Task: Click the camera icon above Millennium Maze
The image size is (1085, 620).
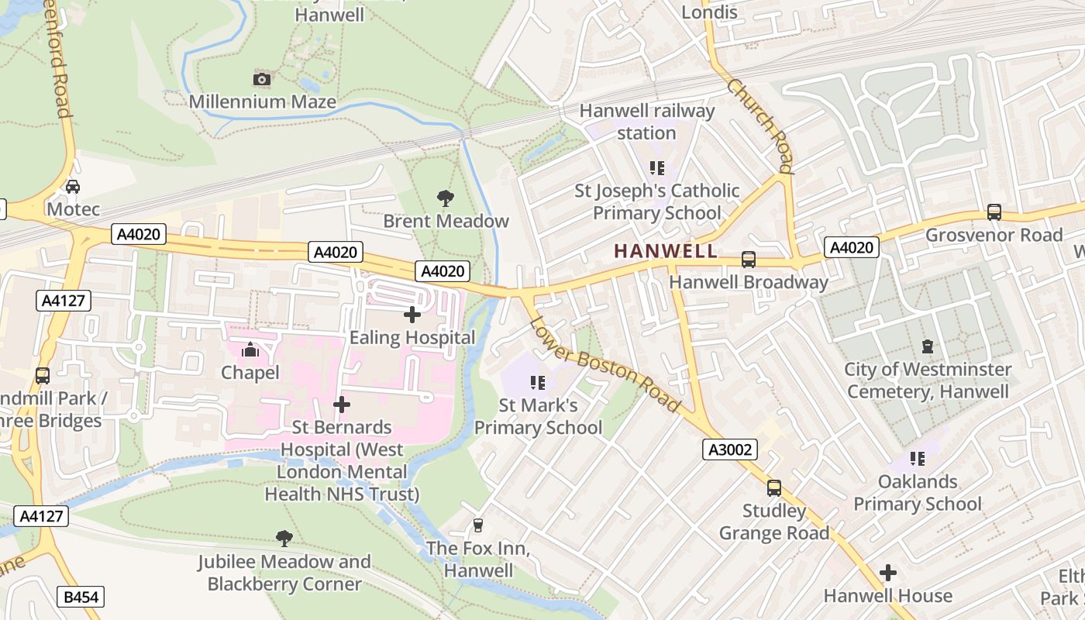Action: [262, 79]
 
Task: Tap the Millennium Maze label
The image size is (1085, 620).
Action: [263, 102]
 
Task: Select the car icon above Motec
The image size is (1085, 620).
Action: [72, 187]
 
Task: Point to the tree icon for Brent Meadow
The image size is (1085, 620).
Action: [446, 198]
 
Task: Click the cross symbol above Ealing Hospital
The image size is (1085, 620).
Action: [412, 315]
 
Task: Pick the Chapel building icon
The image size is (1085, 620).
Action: [250, 350]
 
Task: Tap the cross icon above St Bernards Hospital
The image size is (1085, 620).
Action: [342, 405]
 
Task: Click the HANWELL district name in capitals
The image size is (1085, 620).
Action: [666, 251]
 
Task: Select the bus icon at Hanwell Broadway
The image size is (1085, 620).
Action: [749, 260]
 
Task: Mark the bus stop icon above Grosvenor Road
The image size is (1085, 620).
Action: [994, 212]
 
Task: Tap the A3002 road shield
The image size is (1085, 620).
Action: [730, 449]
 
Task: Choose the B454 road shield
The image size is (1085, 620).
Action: [81, 597]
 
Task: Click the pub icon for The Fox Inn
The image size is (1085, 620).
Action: [478, 525]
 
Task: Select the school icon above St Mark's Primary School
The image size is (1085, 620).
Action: [538, 382]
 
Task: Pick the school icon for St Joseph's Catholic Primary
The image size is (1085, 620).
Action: [657, 167]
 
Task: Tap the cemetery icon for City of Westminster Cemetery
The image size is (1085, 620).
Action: [927, 346]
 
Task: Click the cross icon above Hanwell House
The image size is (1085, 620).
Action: [888, 573]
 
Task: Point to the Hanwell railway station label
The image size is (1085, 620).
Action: [647, 122]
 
